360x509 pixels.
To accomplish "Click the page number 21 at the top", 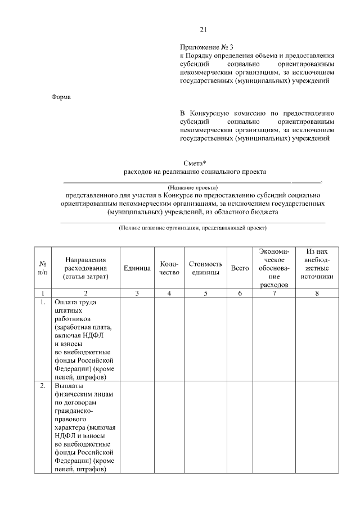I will click(x=204, y=30).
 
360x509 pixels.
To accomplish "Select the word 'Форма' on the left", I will click(x=61, y=97).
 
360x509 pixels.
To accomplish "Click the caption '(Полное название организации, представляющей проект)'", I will click(x=192, y=228).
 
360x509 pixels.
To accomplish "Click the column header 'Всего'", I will click(x=240, y=268).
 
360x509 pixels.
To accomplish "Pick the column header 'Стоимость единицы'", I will click(x=205, y=268).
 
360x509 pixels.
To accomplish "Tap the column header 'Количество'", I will click(x=169, y=268).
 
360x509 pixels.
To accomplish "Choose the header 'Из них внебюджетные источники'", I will click(x=317, y=264).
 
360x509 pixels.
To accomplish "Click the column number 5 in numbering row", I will click(x=205, y=293).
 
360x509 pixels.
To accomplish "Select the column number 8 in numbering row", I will click(x=317, y=293).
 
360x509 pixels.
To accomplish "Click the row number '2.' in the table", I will click(x=42, y=386).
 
